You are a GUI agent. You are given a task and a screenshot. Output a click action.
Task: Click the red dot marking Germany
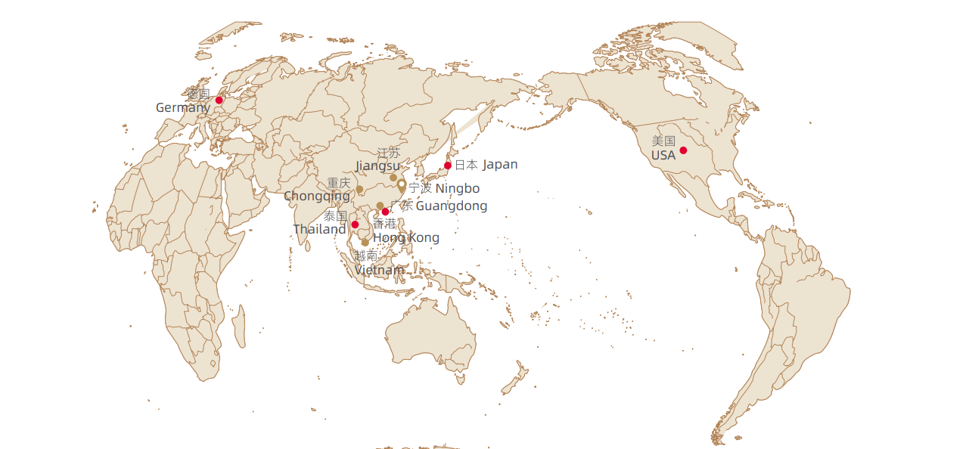coord(219,100)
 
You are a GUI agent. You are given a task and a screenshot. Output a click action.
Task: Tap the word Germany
coord(182,108)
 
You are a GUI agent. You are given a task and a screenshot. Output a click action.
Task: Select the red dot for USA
coord(683,150)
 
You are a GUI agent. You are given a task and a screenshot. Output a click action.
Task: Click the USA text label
coord(663,156)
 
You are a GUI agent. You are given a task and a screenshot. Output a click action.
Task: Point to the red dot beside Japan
coord(448,166)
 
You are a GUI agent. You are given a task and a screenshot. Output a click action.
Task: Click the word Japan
coord(500,165)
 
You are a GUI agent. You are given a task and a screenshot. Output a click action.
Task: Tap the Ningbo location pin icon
coord(402,185)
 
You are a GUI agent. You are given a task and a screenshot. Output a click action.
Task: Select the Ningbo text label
coord(457,188)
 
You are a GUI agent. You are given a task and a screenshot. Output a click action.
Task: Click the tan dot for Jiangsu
coord(393,178)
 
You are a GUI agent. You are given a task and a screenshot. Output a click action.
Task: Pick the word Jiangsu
coord(377,166)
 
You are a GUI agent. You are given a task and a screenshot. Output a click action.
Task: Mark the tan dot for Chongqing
coord(359,189)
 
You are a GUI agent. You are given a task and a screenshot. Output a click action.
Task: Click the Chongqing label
coord(317,197)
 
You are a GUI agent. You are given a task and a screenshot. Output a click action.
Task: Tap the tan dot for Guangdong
coord(380,206)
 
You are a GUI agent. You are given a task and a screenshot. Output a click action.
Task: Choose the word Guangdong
coord(452,206)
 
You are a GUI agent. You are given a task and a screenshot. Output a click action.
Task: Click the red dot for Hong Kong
coord(386,212)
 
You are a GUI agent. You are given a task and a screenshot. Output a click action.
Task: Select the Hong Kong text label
coord(406,238)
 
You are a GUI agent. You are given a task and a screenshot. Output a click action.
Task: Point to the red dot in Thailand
coord(355,224)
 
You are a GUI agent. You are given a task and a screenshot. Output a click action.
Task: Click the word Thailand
coord(319,229)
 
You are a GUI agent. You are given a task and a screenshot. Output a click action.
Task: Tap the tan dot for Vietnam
coord(365,243)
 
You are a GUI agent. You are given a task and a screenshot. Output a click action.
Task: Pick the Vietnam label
coord(379,270)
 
